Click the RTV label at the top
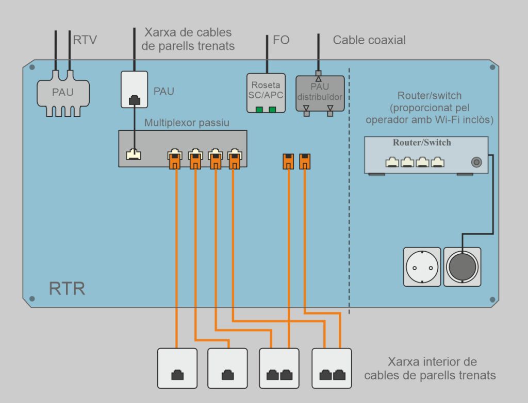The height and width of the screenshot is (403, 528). pos(85,40)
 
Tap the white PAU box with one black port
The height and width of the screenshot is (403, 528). pos(134,90)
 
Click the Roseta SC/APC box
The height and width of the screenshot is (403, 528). pos(266,93)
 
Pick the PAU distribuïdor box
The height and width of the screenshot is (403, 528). pos(320,93)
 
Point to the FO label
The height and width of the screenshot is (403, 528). pos(281,40)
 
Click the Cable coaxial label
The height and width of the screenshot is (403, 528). pos(369,40)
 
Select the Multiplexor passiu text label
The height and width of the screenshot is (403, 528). pos(187,123)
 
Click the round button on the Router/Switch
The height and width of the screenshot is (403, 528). pos(476,162)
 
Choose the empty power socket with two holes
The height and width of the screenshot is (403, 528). pos(422,267)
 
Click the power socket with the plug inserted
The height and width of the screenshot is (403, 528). pos(463,267)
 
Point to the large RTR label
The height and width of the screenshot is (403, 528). pos(67,288)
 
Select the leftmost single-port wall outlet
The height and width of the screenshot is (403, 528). pos(177,369)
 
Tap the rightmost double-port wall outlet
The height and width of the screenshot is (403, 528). pos(332,369)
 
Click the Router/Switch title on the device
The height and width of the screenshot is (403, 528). pos(422,143)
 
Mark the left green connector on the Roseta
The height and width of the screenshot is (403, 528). pos(259,109)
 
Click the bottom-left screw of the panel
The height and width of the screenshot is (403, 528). pos(32,299)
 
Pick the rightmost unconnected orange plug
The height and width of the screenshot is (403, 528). pos(305,161)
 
